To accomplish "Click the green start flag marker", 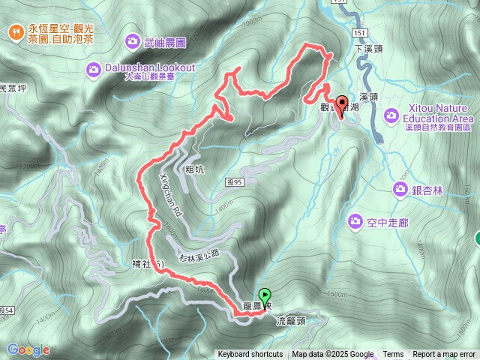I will coord(264,295).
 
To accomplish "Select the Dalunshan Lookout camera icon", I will coord(93,69).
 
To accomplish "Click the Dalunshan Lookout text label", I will coord(149,67).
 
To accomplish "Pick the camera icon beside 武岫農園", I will coord(133,40).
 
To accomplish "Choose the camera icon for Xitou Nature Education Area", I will coord(391,115).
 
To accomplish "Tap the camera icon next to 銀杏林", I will coord(398,190).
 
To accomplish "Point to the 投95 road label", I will coord(234,181).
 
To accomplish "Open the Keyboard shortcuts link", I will coord(250,355).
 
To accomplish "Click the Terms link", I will coord(393,355).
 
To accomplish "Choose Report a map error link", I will coord(444,355).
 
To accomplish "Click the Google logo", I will coord(28,349).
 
